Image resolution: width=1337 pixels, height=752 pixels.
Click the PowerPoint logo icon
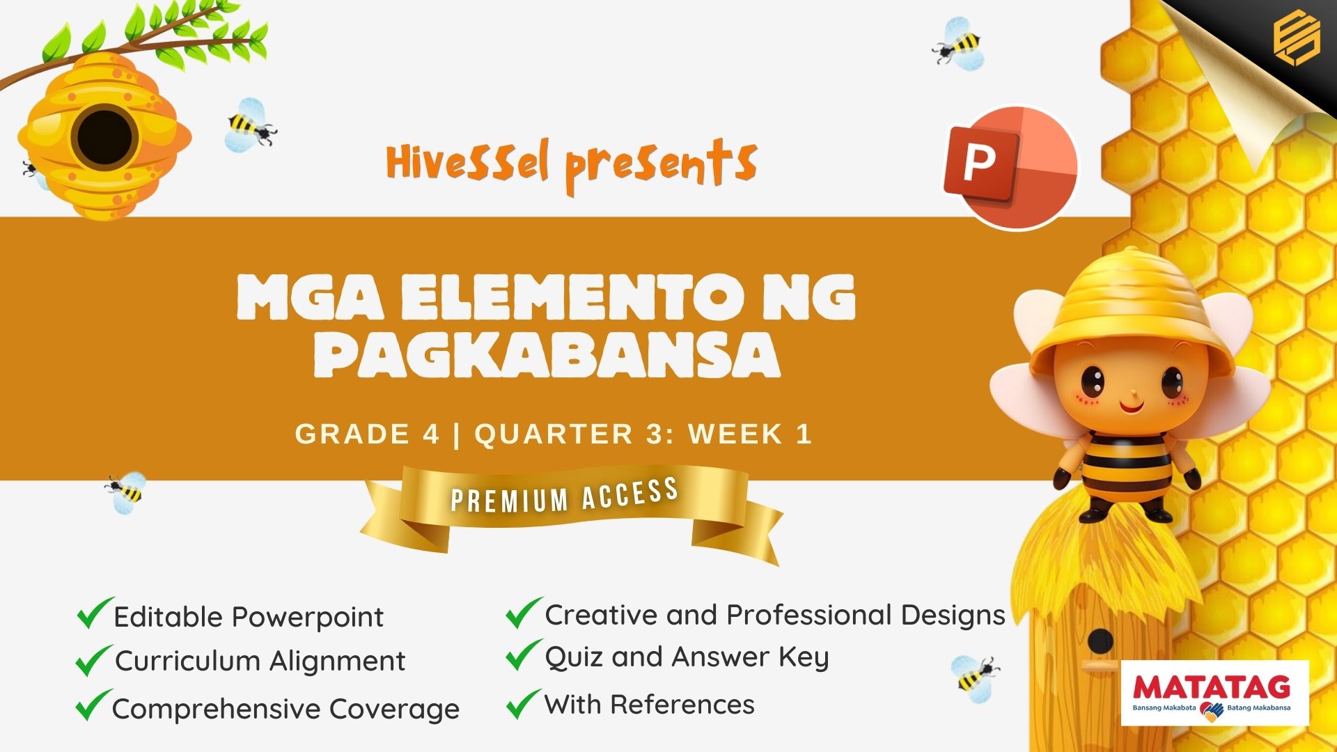[x=1010, y=167]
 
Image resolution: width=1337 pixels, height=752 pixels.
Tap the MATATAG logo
[x=1215, y=693]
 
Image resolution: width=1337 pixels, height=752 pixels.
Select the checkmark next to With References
[x=524, y=703]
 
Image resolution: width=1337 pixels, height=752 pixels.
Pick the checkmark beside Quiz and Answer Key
[x=524, y=655]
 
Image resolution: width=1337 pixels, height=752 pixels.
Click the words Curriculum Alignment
[x=260, y=661]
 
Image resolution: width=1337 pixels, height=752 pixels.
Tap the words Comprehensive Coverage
[x=286, y=709]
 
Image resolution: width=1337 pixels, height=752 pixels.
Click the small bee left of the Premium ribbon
[x=126, y=492]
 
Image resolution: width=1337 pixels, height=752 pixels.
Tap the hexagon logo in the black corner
[x=1297, y=38]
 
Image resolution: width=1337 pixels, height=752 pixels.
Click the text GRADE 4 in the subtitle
[x=367, y=434]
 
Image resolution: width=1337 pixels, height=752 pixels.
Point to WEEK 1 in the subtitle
[x=750, y=434]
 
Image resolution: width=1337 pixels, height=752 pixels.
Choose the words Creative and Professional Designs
[x=775, y=616]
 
